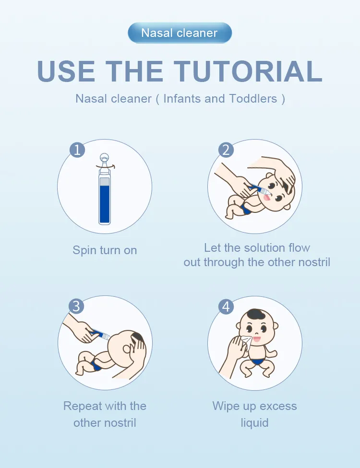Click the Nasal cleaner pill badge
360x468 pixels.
pos(180,33)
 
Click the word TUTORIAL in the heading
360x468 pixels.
pos(248,71)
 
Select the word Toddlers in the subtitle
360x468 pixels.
pos(253,98)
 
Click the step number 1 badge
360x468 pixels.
pos(77,150)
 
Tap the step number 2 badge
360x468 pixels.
pos(226,150)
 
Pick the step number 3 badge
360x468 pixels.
pos(76,306)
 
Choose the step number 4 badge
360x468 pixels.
pos(226,306)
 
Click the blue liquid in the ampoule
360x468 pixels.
pos(105,204)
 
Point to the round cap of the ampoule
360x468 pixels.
pos(105,157)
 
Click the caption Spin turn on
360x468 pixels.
pos(105,250)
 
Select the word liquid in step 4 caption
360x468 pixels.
pos(254,423)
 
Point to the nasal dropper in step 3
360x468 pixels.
pos(100,334)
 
